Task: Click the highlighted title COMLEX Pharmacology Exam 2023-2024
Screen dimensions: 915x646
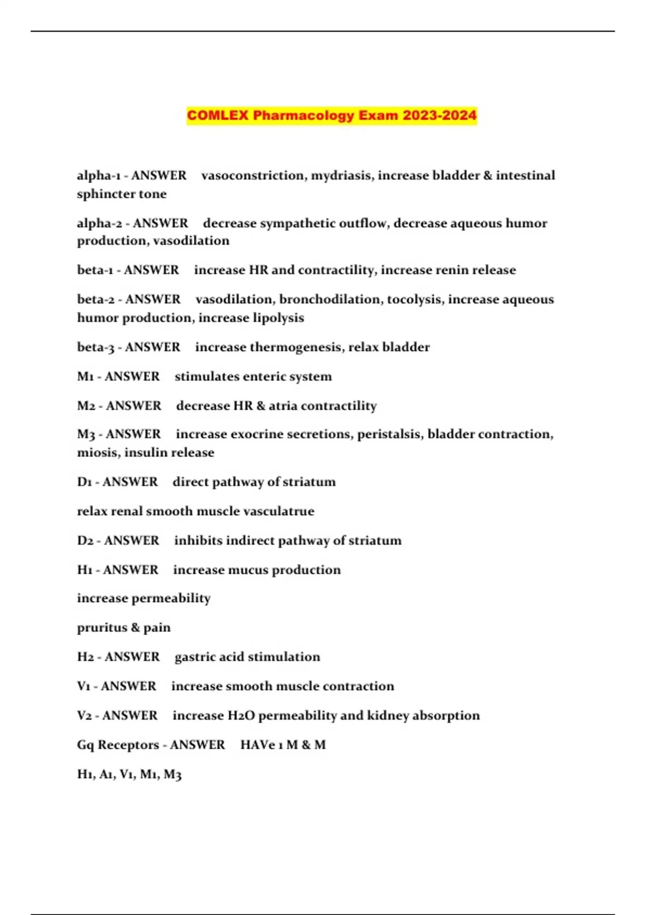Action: (x=332, y=116)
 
